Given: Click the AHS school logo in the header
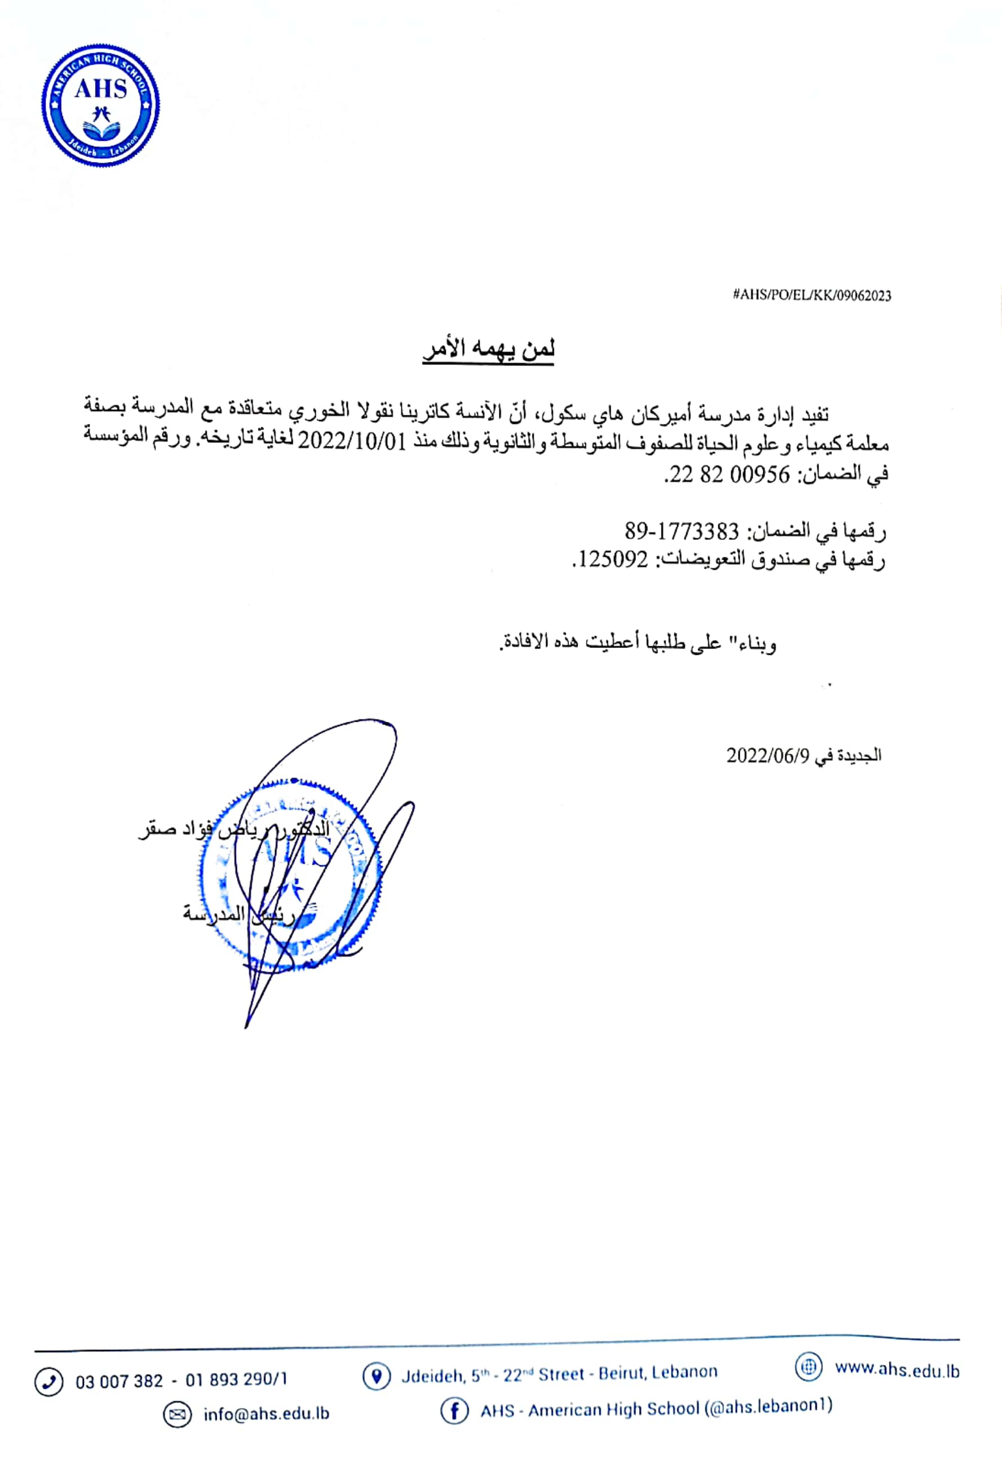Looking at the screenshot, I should [101, 105].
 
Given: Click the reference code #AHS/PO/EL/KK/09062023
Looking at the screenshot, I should [812, 295].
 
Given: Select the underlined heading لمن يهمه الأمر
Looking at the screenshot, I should [488, 349].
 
